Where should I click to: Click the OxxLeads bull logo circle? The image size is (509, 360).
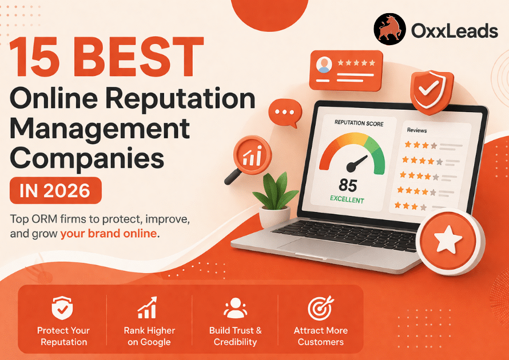[390, 30]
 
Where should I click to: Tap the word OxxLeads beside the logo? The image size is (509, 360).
[454, 31]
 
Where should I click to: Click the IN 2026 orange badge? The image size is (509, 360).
[55, 190]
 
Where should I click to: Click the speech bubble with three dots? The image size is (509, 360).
[284, 113]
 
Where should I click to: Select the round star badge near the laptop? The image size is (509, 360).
[450, 243]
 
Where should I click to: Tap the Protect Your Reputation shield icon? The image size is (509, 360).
[62, 309]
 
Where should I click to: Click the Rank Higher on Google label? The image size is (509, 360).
[149, 336]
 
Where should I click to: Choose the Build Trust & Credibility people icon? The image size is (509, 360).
[235, 308]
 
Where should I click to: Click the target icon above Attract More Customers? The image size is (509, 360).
[320, 308]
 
